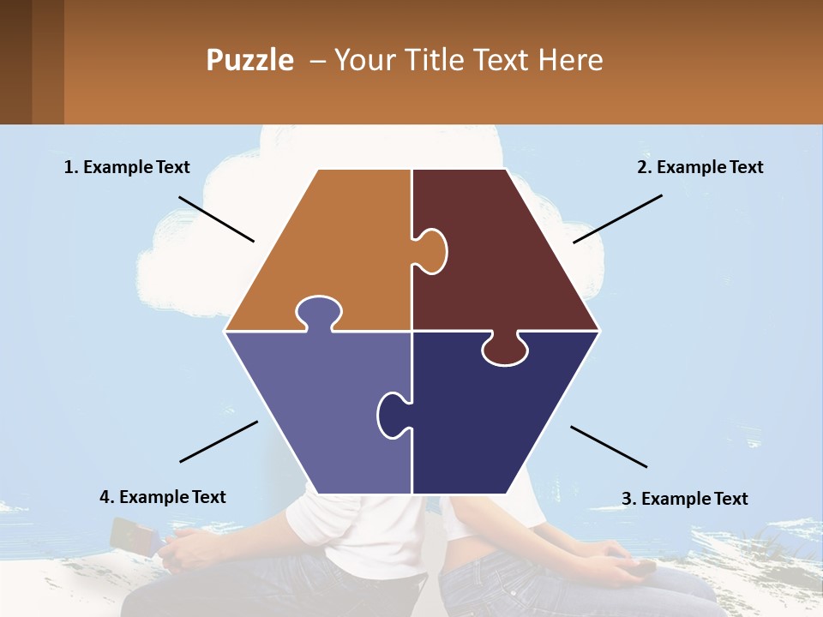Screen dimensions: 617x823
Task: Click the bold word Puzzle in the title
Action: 249,60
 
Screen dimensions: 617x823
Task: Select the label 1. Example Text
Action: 127,167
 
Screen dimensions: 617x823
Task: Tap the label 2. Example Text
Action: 700,167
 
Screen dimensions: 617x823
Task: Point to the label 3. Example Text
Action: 684,499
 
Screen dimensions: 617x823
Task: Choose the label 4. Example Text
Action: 162,497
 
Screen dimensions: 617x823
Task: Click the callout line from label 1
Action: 216,219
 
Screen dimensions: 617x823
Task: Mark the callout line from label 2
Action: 617,219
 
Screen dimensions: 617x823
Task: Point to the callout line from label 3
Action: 609,446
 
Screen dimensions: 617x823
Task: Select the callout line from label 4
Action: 219,441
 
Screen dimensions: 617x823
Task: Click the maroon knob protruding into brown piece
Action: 431,250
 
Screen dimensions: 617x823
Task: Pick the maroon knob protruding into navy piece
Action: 505,350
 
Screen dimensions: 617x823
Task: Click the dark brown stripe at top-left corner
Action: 15,62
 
